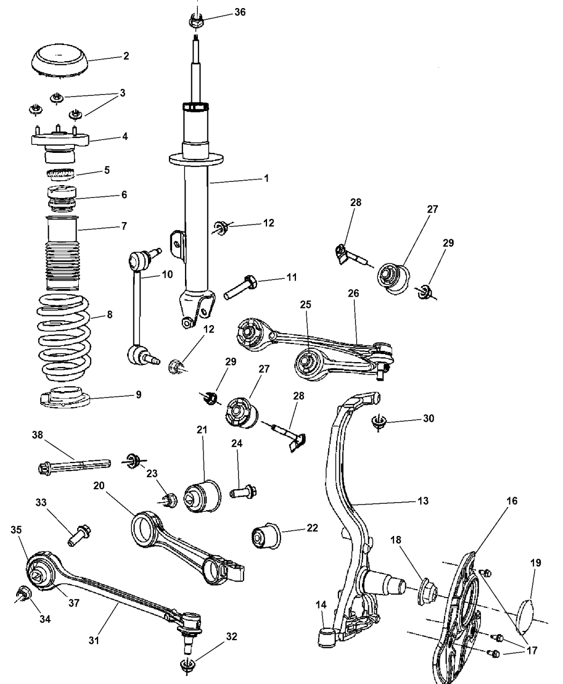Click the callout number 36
tap(240, 12)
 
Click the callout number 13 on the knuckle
tap(423, 501)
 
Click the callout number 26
tap(353, 293)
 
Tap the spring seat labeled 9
tap(65, 398)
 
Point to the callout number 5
tap(107, 170)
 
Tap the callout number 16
tap(512, 501)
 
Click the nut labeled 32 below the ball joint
tap(187, 665)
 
